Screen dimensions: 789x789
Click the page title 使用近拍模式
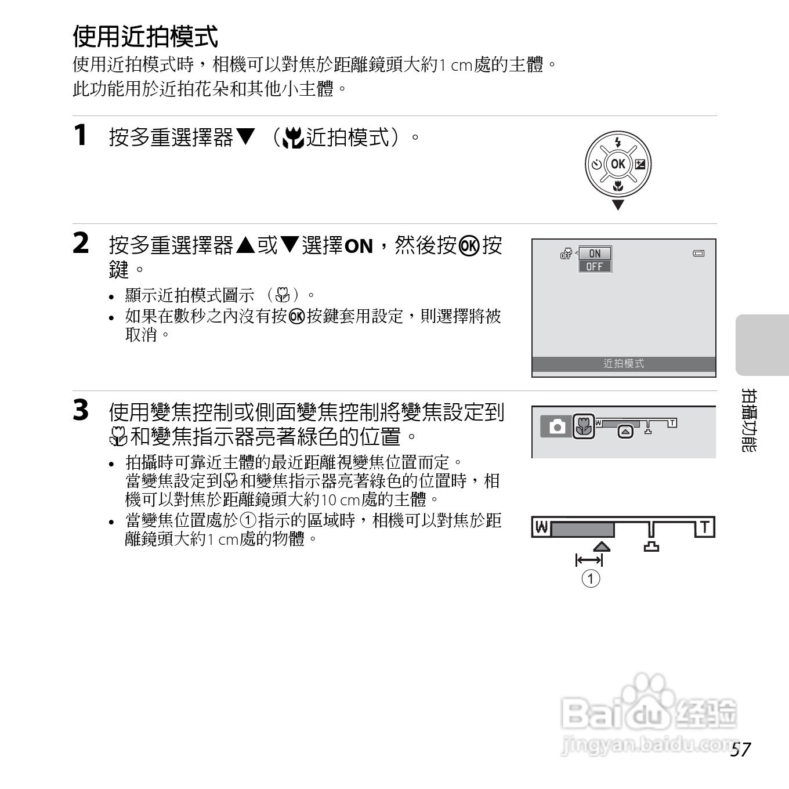coord(145,37)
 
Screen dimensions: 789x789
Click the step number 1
coord(81,135)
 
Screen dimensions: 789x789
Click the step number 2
coord(81,243)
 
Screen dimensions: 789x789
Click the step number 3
coord(81,410)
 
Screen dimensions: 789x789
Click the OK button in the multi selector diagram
coord(618,164)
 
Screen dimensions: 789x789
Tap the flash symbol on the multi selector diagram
coord(618,142)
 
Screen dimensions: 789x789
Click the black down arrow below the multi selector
coord(618,205)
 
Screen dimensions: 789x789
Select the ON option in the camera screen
coord(595,254)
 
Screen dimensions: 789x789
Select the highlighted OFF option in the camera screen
coord(595,267)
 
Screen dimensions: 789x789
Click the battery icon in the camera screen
coord(699,254)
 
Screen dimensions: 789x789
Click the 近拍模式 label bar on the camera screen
coord(624,364)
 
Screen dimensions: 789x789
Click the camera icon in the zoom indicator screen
coord(557,427)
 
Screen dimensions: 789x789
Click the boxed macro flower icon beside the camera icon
coord(584,427)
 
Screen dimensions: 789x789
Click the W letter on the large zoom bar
coord(541,527)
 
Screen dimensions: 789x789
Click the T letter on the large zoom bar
coord(705,527)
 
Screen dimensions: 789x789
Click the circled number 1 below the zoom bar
coord(591,578)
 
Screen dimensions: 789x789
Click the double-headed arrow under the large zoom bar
coord(589,560)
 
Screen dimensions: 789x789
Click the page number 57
coord(740,750)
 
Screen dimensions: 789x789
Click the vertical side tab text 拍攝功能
coord(749,421)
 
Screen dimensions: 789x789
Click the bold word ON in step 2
coord(359,247)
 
